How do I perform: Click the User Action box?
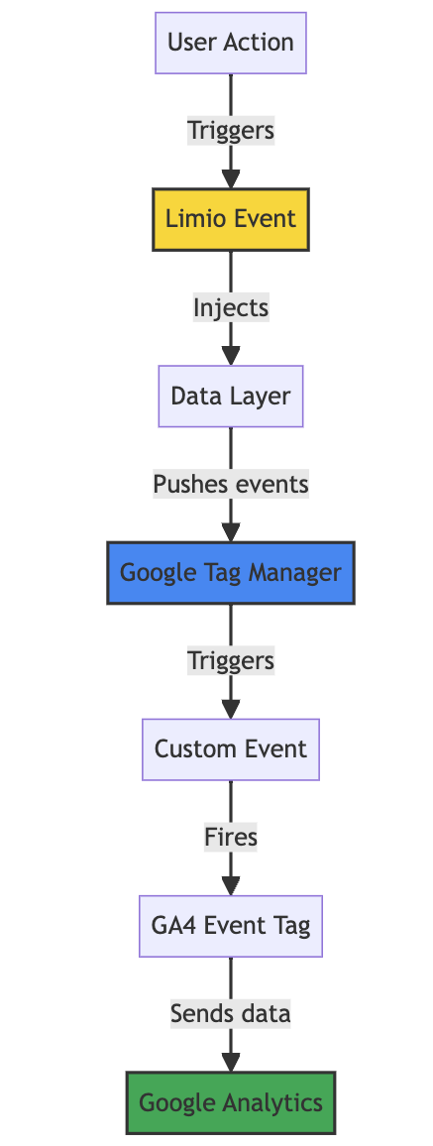click(x=231, y=43)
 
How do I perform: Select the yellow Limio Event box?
click(x=231, y=219)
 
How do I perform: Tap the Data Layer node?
click(x=231, y=397)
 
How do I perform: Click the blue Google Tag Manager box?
click(x=231, y=573)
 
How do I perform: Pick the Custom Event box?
click(x=231, y=749)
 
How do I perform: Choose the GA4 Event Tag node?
click(x=231, y=927)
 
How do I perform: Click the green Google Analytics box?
click(x=231, y=1103)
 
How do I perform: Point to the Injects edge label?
click(x=231, y=307)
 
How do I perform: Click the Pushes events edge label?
click(x=231, y=485)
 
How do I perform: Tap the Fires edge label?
click(x=231, y=839)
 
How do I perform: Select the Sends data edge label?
click(x=231, y=1015)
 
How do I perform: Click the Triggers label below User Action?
click(x=231, y=131)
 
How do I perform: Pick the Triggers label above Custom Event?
click(x=231, y=661)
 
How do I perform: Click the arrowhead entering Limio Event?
click(x=231, y=179)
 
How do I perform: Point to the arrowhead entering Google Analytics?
click(x=231, y=1064)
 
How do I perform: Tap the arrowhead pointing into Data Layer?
click(x=231, y=356)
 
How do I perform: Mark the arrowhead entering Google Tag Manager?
click(x=231, y=532)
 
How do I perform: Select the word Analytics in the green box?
click(x=277, y=1103)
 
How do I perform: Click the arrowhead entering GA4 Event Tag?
click(x=231, y=886)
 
